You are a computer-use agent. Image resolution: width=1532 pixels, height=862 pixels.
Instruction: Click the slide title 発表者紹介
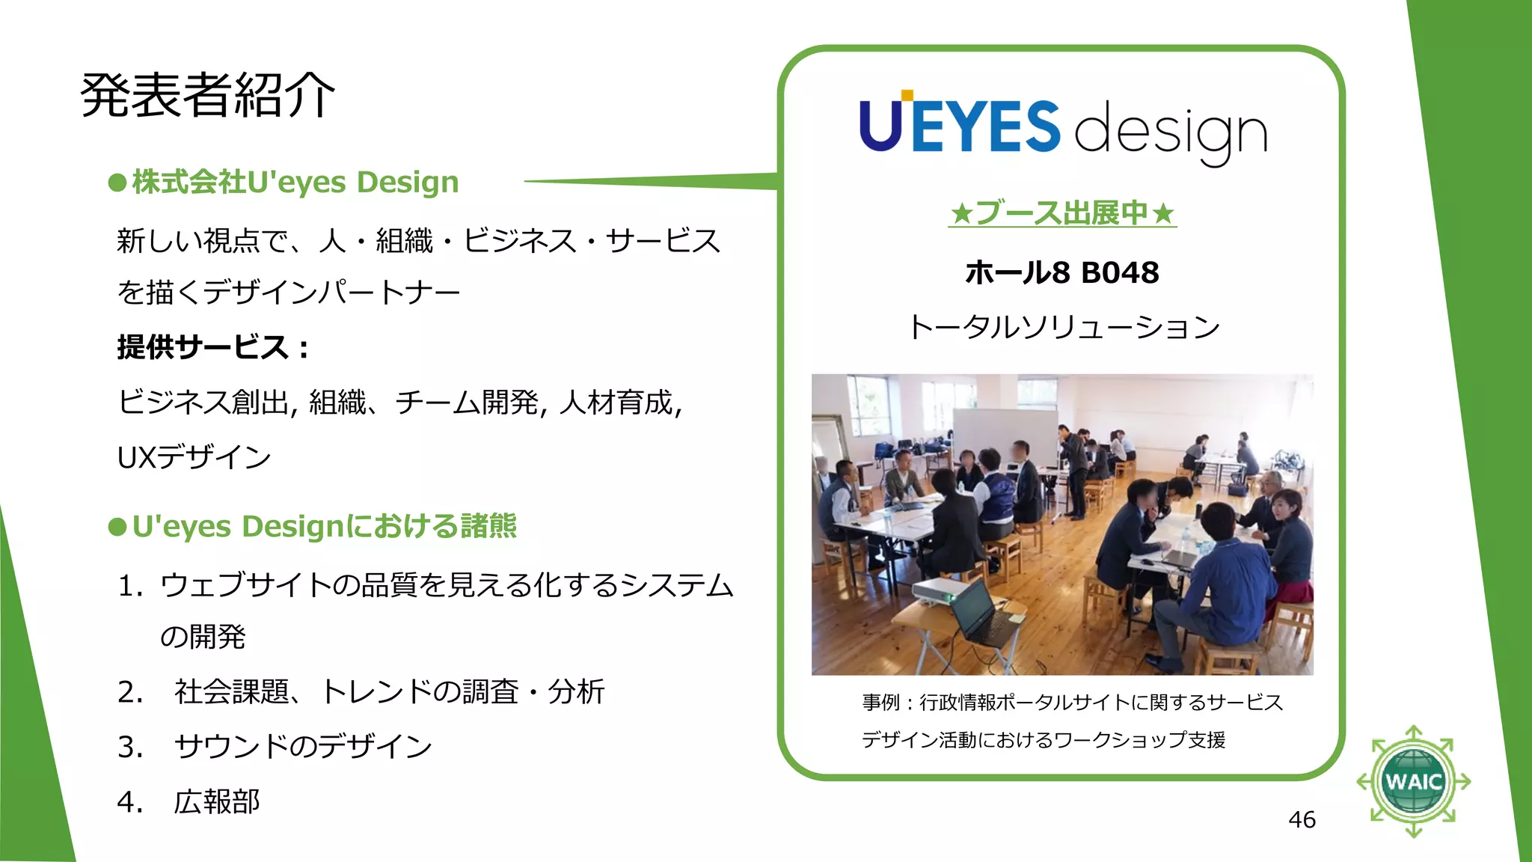(x=207, y=95)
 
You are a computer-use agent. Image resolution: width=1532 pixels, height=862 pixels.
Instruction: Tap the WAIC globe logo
(x=1413, y=781)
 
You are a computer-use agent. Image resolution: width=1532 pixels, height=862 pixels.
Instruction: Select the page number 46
(x=1302, y=819)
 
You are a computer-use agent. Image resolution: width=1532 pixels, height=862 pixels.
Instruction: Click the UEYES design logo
(x=1062, y=129)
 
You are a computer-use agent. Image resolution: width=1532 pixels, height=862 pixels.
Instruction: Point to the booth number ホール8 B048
(x=1062, y=272)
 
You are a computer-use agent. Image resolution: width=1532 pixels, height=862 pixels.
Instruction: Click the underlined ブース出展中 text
(x=1062, y=213)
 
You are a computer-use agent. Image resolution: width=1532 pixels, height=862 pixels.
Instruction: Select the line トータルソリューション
(x=1062, y=327)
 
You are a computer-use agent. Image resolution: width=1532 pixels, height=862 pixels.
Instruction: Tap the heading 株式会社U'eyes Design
(x=295, y=183)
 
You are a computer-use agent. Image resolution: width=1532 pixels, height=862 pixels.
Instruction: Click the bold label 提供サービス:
(x=212, y=347)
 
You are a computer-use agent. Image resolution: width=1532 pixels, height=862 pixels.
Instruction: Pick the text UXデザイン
(x=194, y=457)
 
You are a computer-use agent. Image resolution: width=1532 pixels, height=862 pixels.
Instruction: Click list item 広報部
(x=217, y=801)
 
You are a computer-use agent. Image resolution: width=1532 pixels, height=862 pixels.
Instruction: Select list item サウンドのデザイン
(x=303, y=747)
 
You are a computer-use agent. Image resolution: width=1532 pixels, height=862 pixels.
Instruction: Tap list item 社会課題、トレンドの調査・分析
(x=389, y=691)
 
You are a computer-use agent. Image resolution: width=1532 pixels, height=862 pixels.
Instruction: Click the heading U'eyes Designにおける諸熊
(x=324, y=527)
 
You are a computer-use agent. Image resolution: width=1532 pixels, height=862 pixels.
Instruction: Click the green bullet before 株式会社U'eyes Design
(x=117, y=183)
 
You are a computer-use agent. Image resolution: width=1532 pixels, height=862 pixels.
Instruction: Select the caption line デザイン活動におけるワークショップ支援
(x=1044, y=740)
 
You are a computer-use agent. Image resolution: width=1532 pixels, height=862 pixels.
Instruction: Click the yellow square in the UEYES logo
(x=907, y=95)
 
